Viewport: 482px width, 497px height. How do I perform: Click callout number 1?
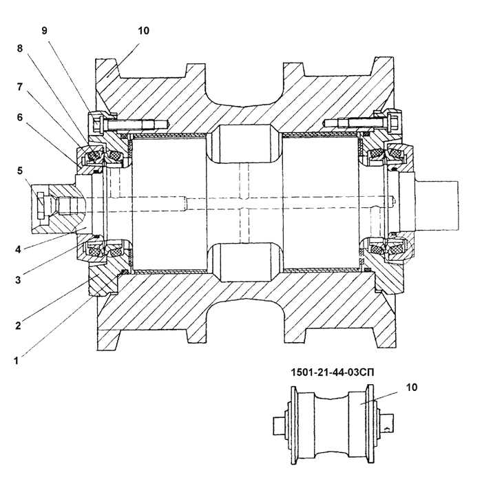[x=16, y=361]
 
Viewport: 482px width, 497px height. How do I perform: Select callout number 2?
[x=18, y=326]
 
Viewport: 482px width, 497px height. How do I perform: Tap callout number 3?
[x=18, y=280]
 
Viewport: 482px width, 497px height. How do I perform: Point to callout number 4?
[x=18, y=249]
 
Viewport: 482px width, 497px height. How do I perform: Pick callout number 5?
[x=20, y=171]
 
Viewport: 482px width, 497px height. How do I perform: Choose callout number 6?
[x=20, y=117]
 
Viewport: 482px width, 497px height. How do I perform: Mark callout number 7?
[x=20, y=86]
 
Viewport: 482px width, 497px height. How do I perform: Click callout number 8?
[x=20, y=48]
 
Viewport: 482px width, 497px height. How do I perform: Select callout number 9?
[x=44, y=30]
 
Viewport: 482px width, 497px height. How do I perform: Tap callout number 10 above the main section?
[x=143, y=30]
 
